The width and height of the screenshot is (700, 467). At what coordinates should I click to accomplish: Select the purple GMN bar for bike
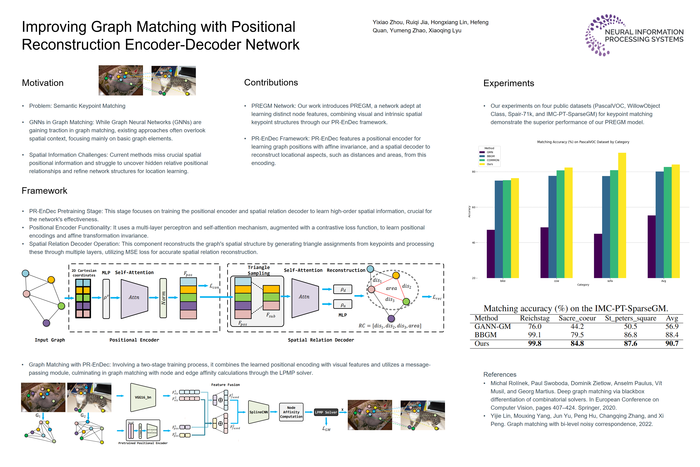click(491, 254)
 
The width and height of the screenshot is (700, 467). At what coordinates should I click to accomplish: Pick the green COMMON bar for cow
click(560, 224)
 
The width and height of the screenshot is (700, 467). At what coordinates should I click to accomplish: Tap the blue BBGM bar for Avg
click(659, 225)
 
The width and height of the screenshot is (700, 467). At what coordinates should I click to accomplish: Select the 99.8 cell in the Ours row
click(535, 343)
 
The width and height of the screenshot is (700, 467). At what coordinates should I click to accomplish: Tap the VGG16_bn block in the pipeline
click(143, 397)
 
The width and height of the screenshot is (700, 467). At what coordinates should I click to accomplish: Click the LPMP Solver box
click(326, 412)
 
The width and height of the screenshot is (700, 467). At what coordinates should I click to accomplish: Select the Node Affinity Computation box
click(291, 412)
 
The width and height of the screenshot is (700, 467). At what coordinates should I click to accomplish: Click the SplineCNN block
click(258, 412)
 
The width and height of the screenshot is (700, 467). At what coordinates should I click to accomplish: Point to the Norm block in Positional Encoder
click(163, 298)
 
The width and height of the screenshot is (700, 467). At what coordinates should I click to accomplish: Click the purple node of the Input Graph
click(46, 323)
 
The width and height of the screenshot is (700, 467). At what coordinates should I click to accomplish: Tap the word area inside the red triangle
click(391, 288)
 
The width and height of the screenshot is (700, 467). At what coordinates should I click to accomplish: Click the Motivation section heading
click(43, 83)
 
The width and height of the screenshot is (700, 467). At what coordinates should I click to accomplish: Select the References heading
click(499, 374)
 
